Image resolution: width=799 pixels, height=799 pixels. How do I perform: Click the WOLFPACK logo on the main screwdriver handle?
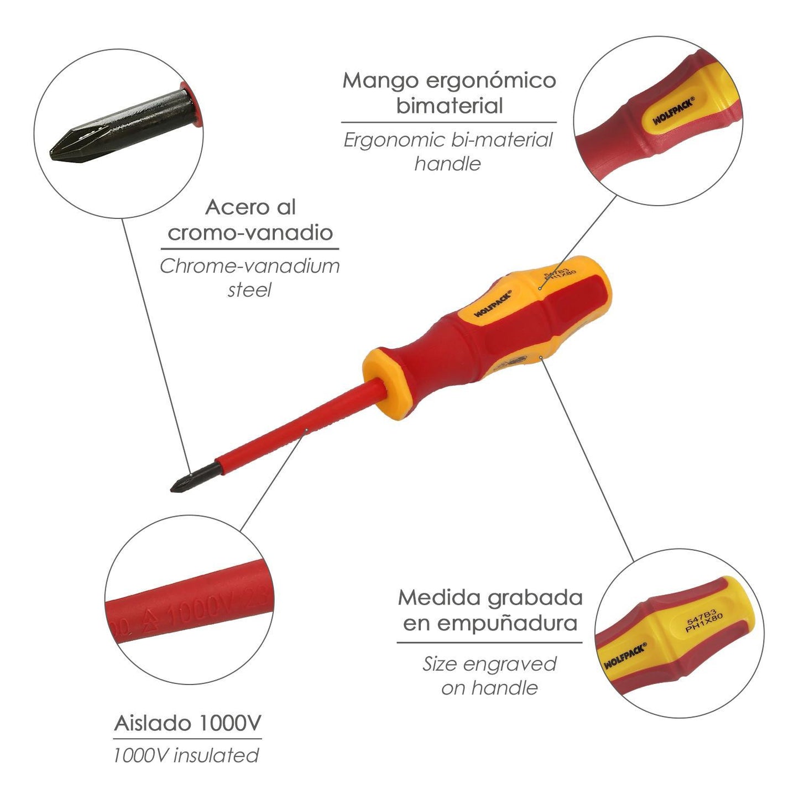(x=493, y=304)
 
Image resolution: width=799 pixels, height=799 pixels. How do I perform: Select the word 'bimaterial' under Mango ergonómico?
(x=449, y=106)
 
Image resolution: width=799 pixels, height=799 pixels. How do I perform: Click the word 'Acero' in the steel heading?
(x=228, y=208)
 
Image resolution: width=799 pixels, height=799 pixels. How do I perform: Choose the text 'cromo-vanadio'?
(x=250, y=233)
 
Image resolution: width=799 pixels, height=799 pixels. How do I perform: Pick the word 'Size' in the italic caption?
(x=440, y=664)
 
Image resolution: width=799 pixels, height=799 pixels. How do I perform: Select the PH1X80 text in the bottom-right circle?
(x=704, y=623)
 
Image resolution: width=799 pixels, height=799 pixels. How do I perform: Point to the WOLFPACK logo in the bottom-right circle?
(x=625, y=656)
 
